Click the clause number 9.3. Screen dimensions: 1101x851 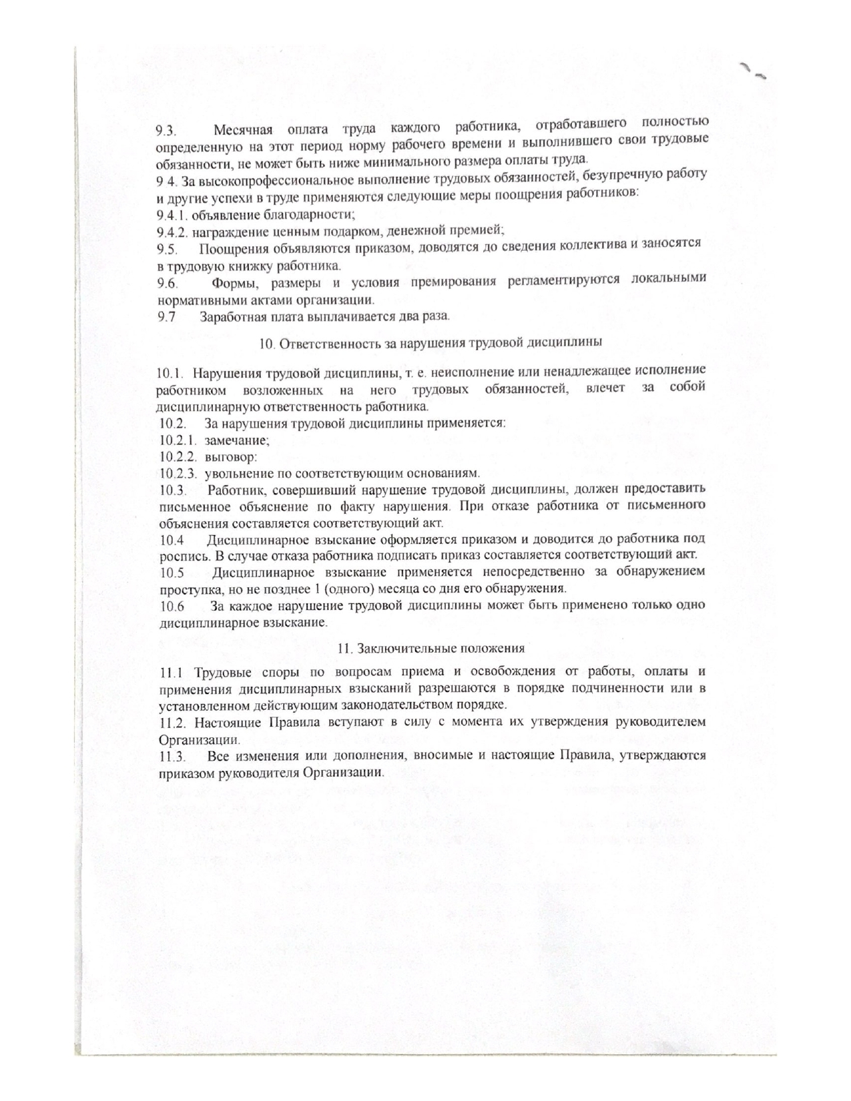(166, 131)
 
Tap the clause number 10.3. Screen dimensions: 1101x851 (172, 491)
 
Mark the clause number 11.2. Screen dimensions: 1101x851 (173, 723)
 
